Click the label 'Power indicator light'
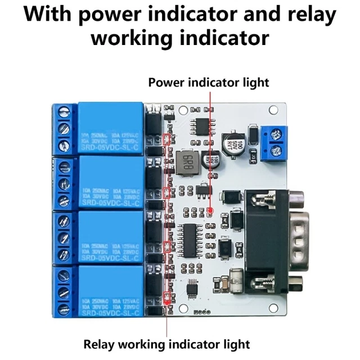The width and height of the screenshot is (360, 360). [209, 83]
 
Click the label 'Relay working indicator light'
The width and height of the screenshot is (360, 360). [166, 343]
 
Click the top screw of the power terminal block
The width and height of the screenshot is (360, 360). [276, 134]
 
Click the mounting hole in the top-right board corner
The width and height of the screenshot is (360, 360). [274, 110]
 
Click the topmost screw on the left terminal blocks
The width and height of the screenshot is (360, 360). [64, 112]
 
